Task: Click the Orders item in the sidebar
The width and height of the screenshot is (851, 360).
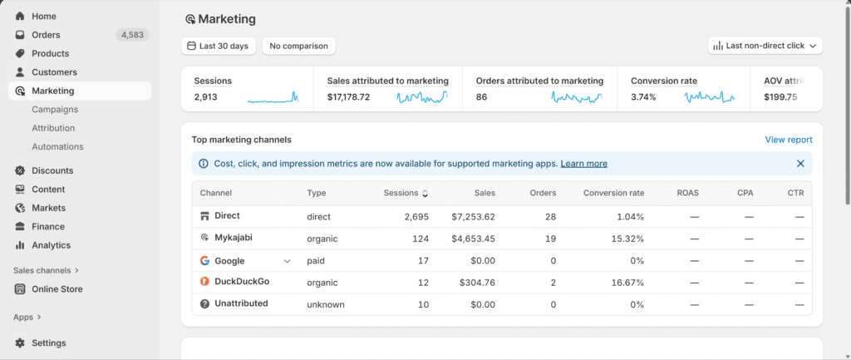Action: tap(46, 35)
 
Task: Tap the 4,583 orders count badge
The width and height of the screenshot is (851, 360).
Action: tap(132, 35)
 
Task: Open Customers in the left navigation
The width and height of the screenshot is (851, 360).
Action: tap(54, 72)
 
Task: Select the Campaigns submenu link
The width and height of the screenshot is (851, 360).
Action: tap(55, 109)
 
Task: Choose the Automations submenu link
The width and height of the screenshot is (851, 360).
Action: tap(57, 146)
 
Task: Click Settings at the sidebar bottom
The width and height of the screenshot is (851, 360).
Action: tap(48, 343)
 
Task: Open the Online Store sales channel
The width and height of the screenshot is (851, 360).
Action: tap(57, 289)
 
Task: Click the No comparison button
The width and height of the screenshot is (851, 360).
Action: tap(298, 46)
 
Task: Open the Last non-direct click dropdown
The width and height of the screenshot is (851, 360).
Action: tap(765, 46)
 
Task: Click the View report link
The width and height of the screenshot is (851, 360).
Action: tap(788, 140)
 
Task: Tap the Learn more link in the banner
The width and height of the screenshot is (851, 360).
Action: tap(583, 164)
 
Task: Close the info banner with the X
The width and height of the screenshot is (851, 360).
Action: tap(800, 164)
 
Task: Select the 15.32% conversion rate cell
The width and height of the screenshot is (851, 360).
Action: tap(625, 239)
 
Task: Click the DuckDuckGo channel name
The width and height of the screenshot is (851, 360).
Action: tap(242, 282)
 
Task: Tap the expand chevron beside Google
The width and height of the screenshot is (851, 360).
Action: tap(288, 261)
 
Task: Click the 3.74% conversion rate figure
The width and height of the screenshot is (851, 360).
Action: tap(643, 97)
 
